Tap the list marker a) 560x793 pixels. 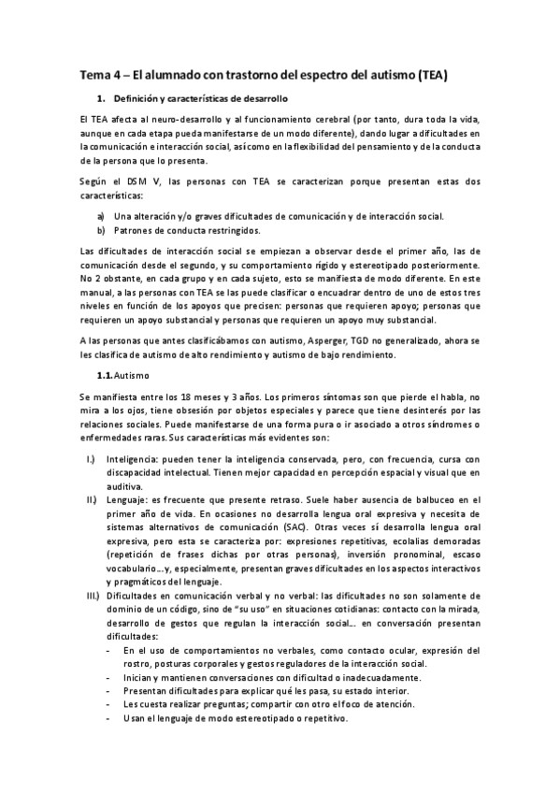tap(100, 216)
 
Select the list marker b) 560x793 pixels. tap(100, 229)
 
